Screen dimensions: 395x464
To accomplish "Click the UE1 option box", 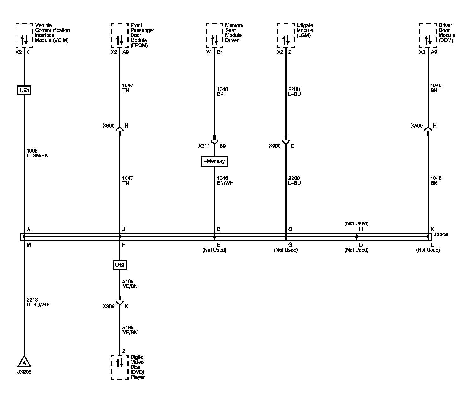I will (x=24, y=91).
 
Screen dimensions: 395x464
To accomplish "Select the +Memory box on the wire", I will (x=214, y=161).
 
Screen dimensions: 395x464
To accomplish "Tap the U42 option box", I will (x=119, y=265).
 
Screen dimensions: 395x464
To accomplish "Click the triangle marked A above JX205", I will (x=24, y=361).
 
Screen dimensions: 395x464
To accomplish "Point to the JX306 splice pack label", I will (x=441, y=235).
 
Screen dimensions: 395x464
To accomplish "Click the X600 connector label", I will (x=108, y=126).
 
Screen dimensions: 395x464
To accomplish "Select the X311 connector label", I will (x=204, y=146).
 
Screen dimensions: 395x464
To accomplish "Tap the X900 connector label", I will (x=275, y=146).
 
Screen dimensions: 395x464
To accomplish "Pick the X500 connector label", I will (x=417, y=126).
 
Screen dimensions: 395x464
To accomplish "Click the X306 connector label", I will (x=108, y=306).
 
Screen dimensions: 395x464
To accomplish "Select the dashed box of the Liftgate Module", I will (x=286, y=35).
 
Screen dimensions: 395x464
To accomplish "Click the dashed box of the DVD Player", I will (x=119, y=367).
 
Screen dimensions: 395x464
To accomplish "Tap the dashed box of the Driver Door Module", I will (x=428, y=35).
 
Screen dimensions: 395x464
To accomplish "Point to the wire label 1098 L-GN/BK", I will (x=37, y=153).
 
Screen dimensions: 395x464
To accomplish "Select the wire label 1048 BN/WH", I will (x=225, y=180).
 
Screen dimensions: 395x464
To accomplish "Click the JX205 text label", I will (x=24, y=372).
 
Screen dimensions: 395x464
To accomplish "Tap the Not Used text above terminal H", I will (x=357, y=223).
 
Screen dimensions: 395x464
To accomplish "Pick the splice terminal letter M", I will (x=29, y=244).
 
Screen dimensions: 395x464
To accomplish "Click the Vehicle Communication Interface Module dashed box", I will (x=24, y=35).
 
